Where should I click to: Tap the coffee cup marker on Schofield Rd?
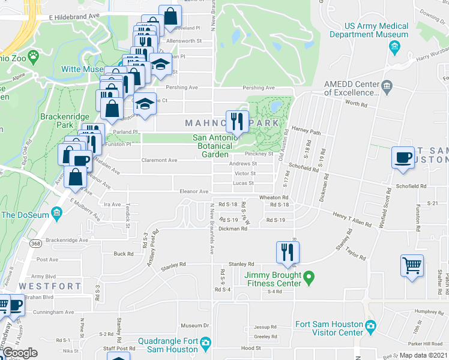coord(402,158)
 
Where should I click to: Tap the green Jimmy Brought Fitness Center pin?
coord(309,277)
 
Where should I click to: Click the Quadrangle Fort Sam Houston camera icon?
coord(206,344)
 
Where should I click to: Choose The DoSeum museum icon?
coord(57,213)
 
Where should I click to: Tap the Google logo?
coord(20,353)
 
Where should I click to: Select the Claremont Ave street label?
coord(159,160)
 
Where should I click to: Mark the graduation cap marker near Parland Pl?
coord(145,104)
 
